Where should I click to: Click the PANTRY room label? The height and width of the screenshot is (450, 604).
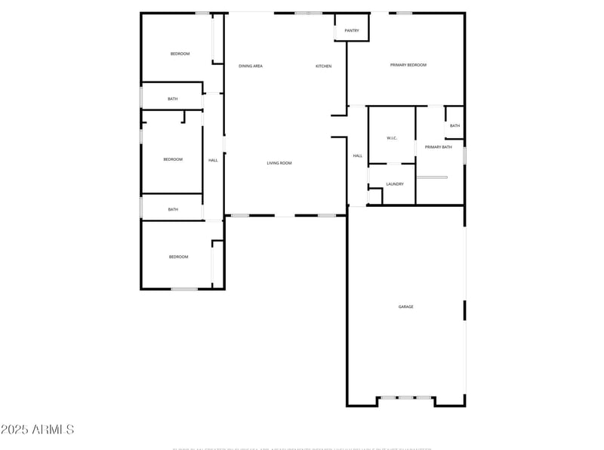352,31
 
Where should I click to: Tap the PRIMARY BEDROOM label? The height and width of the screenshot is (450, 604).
408,65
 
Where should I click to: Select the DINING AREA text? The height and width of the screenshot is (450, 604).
251,66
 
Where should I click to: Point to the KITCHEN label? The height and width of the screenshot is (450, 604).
323,66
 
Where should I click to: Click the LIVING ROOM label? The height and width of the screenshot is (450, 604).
279,163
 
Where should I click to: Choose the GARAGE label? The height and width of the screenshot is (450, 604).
405,307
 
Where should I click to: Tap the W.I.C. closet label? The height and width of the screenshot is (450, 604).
392,138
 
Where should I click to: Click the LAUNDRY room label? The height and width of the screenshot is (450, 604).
395,184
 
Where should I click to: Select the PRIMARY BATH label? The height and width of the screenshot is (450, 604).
438,147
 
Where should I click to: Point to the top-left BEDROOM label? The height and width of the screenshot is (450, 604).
180,54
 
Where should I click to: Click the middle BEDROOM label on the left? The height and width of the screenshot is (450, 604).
173,159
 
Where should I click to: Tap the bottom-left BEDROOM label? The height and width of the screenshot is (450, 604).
178,257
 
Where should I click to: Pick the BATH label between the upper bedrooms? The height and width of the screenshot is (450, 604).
173,99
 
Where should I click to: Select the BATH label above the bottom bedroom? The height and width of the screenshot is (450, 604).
173,209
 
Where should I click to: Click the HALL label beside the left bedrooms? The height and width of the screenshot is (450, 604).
213,160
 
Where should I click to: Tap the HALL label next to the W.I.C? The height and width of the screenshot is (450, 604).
357,156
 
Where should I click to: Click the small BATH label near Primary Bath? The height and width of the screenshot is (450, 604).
455,125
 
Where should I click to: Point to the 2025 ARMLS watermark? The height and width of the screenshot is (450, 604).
38,430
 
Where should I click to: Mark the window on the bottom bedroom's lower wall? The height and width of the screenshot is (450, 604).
183,288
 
